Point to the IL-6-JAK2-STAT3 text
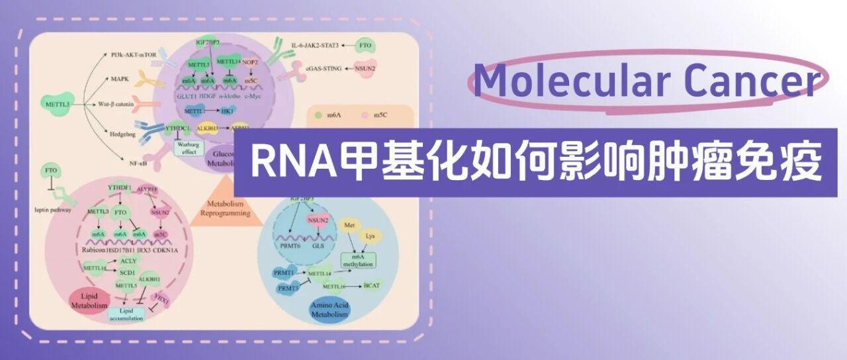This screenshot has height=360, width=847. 314,46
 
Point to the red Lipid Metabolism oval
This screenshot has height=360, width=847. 88,299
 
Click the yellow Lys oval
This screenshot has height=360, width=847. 371,236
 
